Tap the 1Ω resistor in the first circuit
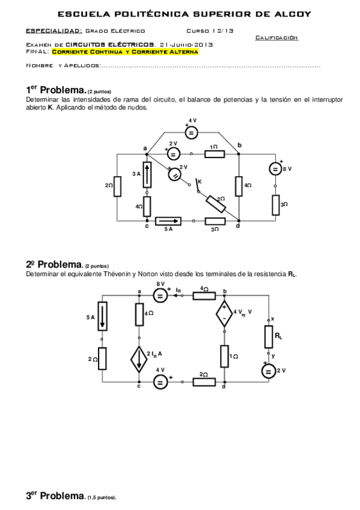pos(215,153)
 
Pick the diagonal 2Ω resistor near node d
pos(216,203)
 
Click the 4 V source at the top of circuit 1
pos(191,132)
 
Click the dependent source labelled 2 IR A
pos(139,360)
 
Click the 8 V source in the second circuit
pos(160,295)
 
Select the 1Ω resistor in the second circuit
pos(224,356)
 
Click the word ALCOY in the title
pos(291,14)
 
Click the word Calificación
pos(276,37)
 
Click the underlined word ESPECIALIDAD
pos(54,30)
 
